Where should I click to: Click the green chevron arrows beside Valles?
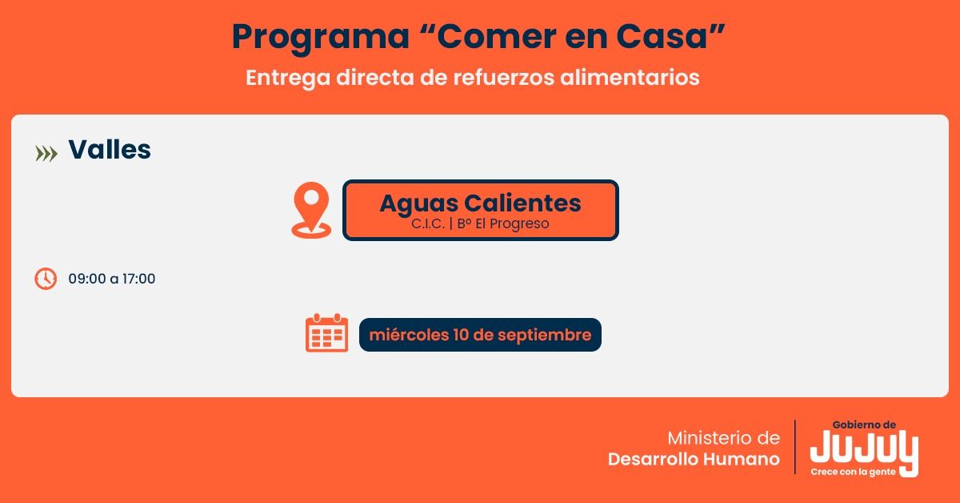pyautogui.click(x=46, y=153)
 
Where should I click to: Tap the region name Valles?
pyautogui.click(x=110, y=150)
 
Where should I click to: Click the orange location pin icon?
pyautogui.click(x=311, y=210)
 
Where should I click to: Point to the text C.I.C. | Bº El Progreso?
pyautogui.click(x=480, y=224)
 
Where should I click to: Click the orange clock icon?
pyautogui.click(x=46, y=279)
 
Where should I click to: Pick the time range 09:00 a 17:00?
pyautogui.click(x=112, y=279)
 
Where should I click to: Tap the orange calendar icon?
pyautogui.click(x=326, y=334)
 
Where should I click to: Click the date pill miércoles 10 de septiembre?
pyautogui.click(x=480, y=335)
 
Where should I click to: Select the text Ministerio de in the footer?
pyautogui.click(x=723, y=438)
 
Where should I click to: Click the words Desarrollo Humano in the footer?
pyautogui.click(x=694, y=460)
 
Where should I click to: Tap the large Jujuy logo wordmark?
pyautogui.click(x=864, y=449)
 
